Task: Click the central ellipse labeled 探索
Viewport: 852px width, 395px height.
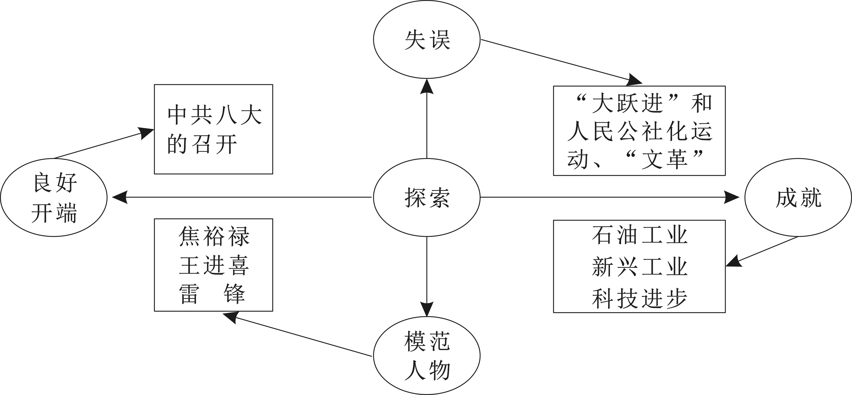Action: pyautogui.click(x=427, y=198)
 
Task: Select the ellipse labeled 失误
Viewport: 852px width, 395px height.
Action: pyautogui.click(x=427, y=40)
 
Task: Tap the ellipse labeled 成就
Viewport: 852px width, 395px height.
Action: pyautogui.click(x=798, y=198)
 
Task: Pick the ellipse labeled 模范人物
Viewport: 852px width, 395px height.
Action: pyautogui.click(x=427, y=356)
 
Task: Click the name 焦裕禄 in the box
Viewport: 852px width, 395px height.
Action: pyautogui.click(x=214, y=236)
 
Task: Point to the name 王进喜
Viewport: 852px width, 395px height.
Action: pyautogui.click(x=214, y=265)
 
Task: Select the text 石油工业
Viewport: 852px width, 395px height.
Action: pyautogui.click(x=640, y=235)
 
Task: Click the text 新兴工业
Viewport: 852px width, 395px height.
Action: pyautogui.click(x=640, y=267)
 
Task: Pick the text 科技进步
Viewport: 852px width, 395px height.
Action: pyautogui.click(x=640, y=299)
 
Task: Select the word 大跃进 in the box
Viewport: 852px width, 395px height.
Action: pyautogui.click(x=627, y=103)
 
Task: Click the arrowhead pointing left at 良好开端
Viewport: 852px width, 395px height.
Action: pyautogui.click(x=120, y=197)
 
